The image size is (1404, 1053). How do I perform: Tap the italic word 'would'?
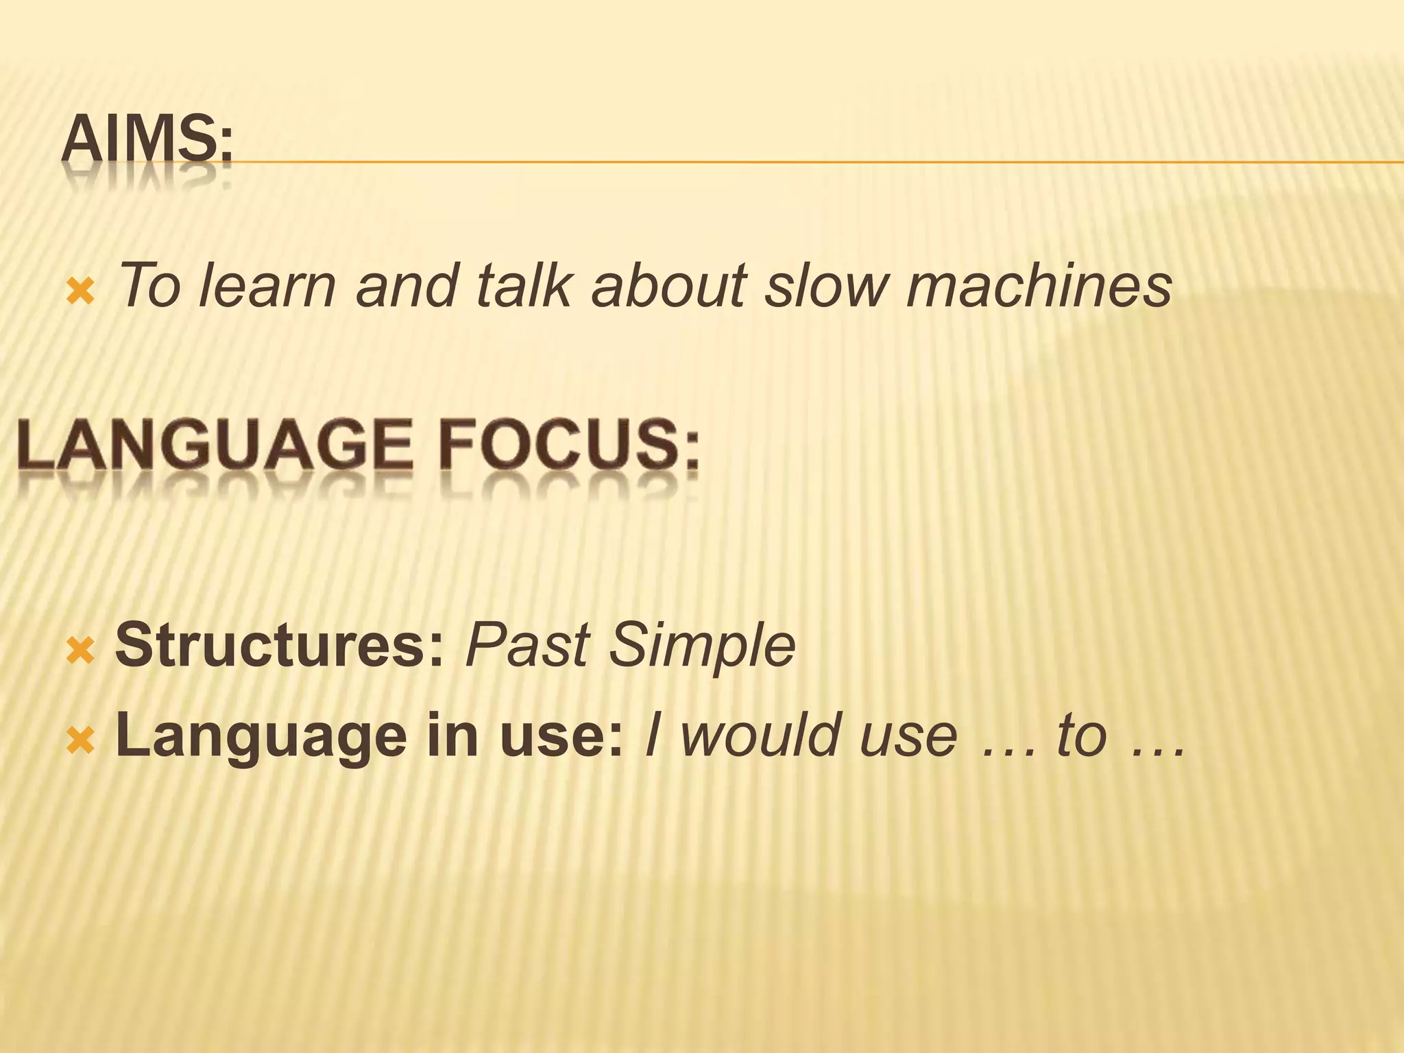(x=760, y=736)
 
